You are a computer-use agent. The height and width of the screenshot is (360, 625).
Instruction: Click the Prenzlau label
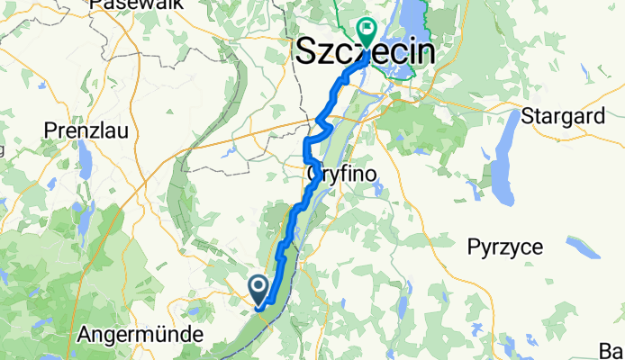pos(86,130)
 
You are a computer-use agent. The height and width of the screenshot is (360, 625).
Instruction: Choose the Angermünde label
pos(135,334)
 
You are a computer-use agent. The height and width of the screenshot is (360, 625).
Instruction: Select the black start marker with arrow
pos(258,288)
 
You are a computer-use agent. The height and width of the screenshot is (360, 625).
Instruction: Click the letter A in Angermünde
pos(86,334)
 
